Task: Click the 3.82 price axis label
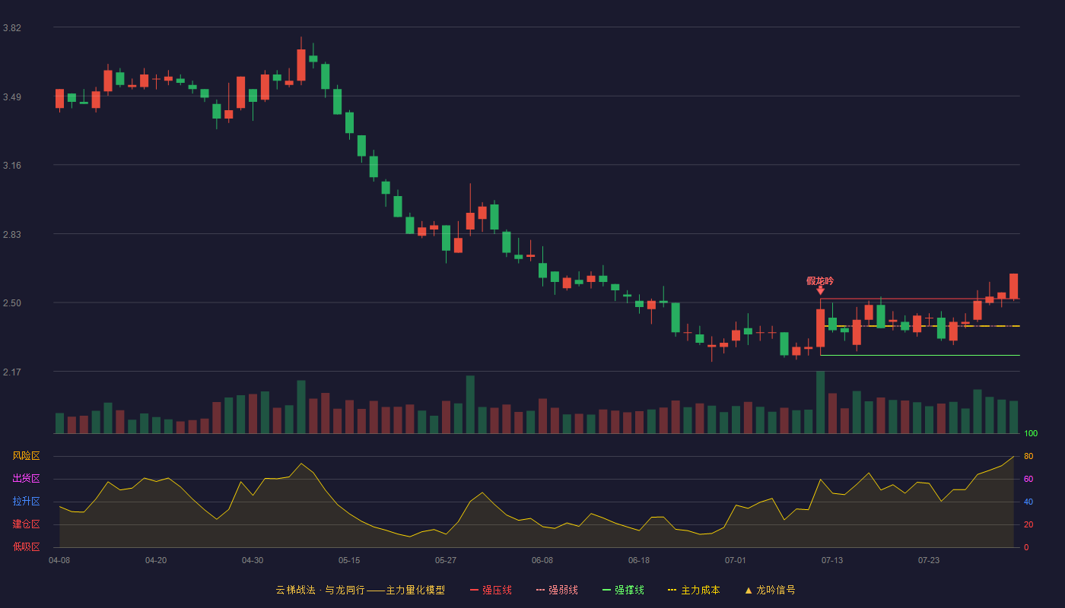click(x=12, y=27)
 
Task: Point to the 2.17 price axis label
click(x=12, y=372)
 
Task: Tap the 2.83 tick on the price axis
click(x=12, y=234)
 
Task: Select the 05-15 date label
click(x=349, y=561)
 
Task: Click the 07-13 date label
click(x=832, y=561)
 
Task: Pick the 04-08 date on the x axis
click(x=59, y=561)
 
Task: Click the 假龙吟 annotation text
click(x=820, y=280)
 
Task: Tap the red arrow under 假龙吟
click(x=820, y=290)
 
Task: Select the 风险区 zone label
click(x=26, y=455)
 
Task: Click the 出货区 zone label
click(x=26, y=478)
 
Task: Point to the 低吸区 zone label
click(x=26, y=546)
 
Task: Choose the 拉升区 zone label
click(x=26, y=501)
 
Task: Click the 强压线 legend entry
click(x=491, y=590)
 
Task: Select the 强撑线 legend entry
click(x=623, y=590)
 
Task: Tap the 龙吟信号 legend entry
click(x=770, y=590)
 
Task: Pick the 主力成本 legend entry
click(x=694, y=590)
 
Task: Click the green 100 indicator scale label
click(x=1031, y=433)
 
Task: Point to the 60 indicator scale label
click(x=1028, y=479)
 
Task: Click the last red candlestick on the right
click(x=1013, y=287)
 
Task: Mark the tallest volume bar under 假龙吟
click(x=820, y=402)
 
